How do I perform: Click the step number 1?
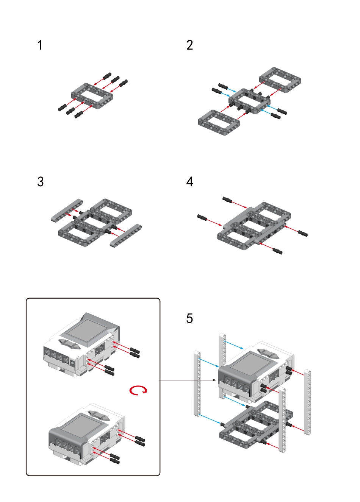tap(40, 45)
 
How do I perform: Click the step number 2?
tap(189, 45)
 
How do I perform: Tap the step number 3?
tap(40, 182)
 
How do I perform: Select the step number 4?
tap(189, 182)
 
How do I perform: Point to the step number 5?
tap(189, 318)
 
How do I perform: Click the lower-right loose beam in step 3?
tap(125, 235)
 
